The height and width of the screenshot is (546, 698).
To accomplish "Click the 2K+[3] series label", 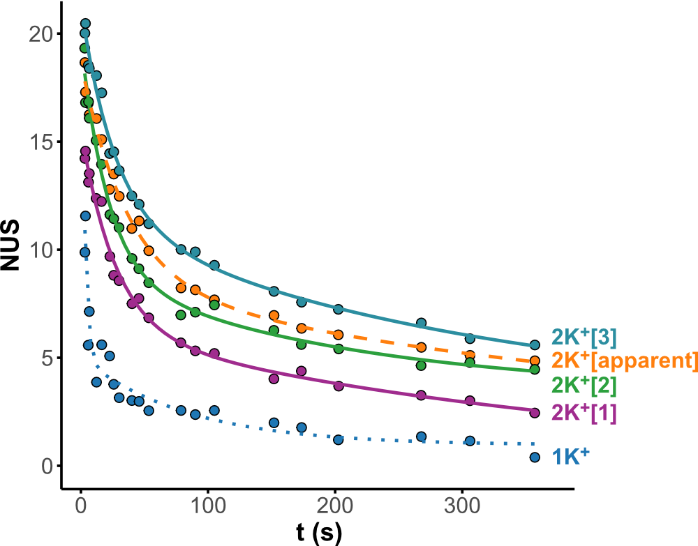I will point(584,337).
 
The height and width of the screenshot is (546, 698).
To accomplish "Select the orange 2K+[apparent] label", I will point(624,361).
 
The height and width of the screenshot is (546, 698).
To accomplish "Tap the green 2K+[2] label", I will point(584,385).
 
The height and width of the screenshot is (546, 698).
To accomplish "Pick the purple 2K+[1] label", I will point(584,413).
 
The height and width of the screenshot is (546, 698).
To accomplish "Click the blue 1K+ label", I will point(571,456).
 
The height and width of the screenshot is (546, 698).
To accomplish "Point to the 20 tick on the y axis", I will point(41,34).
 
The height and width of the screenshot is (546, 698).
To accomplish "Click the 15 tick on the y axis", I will point(41,142).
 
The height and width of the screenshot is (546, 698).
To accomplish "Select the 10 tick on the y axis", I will point(41,250).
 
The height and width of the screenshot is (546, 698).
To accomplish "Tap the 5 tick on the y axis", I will point(46,358).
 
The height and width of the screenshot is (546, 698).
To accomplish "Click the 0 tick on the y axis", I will point(46,467).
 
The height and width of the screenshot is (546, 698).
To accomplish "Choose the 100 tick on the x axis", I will point(209,506).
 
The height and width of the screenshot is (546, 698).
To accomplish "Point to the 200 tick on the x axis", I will point(336,506).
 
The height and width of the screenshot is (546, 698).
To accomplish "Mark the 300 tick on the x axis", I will point(463,506).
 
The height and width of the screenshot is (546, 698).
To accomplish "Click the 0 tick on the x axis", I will point(82,506).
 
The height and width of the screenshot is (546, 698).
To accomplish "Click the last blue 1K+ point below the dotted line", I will point(535,457).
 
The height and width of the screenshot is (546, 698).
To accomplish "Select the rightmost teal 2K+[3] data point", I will point(535,345).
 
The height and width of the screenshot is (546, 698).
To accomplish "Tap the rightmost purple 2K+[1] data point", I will point(535,413).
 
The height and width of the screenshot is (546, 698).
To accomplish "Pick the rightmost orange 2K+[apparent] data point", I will point(535,361).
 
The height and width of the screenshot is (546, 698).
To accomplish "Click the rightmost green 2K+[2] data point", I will point(535,370).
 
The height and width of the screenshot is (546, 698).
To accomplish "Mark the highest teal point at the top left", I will point(85,24).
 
